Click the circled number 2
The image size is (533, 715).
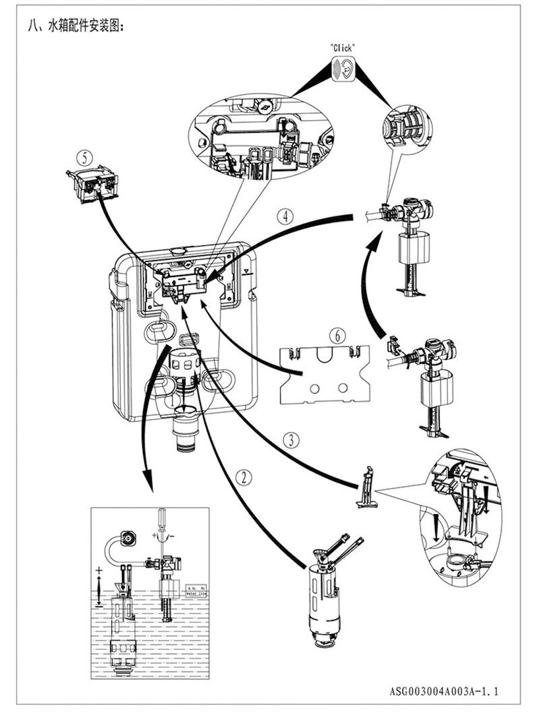[x=244, y=476]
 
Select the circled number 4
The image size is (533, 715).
[x=286, y=217]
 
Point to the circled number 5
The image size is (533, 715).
[x=84, y=157]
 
